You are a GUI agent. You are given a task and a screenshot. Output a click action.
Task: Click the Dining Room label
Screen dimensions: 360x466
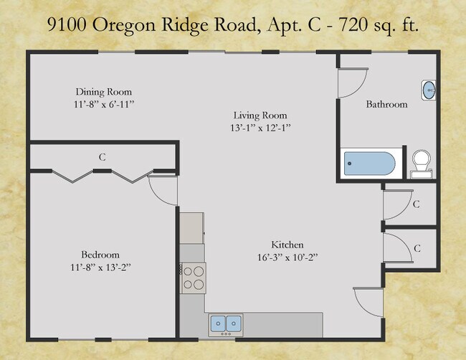click(x=104, y=92)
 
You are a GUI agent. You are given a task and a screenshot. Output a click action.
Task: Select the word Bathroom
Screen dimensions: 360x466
click(x=386, y=104)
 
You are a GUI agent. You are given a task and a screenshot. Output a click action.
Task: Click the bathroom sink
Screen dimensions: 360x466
click(x=428, y=90)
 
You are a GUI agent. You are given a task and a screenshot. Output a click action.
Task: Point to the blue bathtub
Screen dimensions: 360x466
click(x=369, y=164)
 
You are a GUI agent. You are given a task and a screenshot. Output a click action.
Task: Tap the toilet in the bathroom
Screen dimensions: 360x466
click(x=420, y=162)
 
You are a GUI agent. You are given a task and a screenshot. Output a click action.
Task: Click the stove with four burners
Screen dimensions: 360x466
click(x=193, y=277)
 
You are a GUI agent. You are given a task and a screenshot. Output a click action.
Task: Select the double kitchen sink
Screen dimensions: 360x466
click(x=226, y=325)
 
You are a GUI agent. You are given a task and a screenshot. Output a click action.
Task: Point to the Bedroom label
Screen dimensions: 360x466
click(x=100, y=255)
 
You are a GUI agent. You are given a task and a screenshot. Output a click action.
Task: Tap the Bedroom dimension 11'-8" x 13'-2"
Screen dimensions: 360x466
click(x=100, y=267)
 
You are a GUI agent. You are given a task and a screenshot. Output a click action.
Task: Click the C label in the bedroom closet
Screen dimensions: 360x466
click(x=103, y=156)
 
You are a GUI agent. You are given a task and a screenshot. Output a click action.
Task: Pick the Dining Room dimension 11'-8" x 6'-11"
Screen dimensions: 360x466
click(x=104, y=105)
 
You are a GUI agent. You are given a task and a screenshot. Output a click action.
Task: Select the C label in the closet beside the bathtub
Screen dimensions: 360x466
click(x=416, y=204)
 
